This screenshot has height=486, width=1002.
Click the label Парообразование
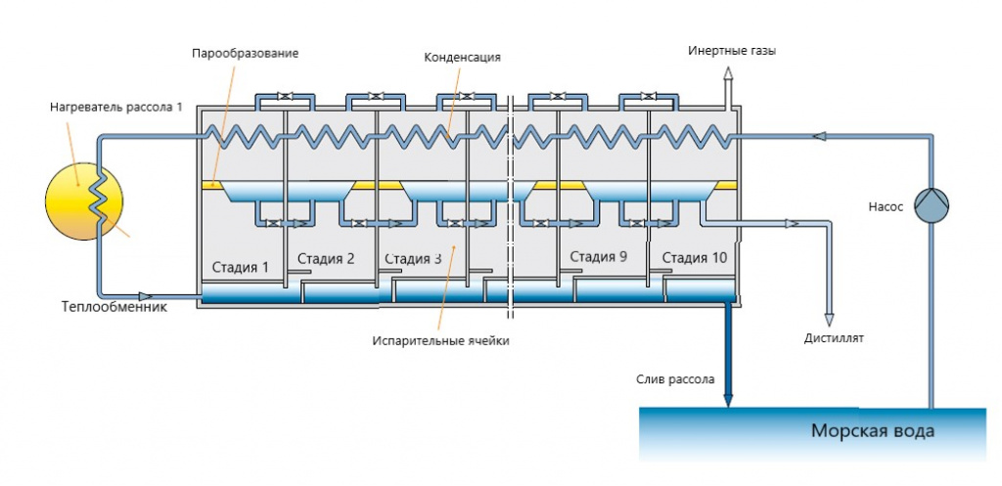coord(246,53)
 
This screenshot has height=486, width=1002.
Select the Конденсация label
coord(462,58)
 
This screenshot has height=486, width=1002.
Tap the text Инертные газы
coord(732,51)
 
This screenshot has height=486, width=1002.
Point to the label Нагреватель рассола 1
coord(116,107)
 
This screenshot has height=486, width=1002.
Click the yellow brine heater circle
coord(84,201)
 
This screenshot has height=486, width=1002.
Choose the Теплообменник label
coord(114,307)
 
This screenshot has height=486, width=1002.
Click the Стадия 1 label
coord(241,267)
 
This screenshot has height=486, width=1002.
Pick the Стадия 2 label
coord(326,259)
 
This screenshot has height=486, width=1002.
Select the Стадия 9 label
coord(598,257)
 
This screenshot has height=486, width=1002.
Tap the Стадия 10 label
coord(694,259)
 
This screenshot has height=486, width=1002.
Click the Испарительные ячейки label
coord(441,341)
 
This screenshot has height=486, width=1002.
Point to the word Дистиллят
coord(834,338)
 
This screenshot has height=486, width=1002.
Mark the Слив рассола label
coord(675,379)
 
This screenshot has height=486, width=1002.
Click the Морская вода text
coord(872,431)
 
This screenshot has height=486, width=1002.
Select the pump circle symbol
coord(932,205)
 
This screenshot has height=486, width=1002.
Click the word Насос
coord(886,207)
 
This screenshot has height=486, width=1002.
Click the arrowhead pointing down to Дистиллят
coord(829,320)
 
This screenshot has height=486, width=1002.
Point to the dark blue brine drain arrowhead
coord(727,400)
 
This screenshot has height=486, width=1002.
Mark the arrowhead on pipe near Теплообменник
coord(146,296)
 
